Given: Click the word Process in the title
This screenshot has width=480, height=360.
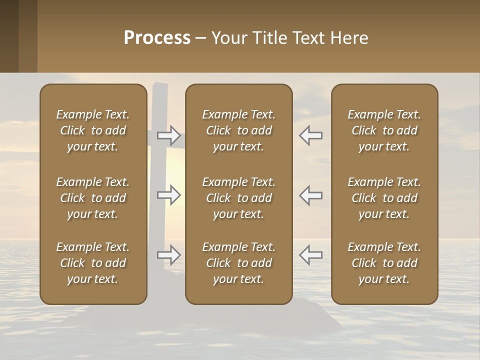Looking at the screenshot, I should point(157,38).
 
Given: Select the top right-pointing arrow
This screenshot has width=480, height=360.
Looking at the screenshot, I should point(169,135).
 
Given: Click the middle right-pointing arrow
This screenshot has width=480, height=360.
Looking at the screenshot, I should point(169,195).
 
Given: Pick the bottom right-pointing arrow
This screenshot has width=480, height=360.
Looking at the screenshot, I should point(169,255).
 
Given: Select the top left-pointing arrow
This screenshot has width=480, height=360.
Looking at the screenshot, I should point(310,135).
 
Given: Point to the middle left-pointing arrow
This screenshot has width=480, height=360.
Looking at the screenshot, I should point(310,195).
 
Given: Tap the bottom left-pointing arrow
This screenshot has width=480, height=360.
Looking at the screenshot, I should point(310,255).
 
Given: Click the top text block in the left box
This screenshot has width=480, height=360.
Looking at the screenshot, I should point(93,130).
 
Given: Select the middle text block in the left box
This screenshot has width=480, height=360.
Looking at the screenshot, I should point(93,198).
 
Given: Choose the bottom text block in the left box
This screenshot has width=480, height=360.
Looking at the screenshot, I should point(93,263).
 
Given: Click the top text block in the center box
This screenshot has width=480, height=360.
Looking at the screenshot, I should point(238,130).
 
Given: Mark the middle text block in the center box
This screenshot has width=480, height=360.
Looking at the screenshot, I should point(238,198).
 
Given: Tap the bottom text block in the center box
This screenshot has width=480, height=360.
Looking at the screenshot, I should point(238,263).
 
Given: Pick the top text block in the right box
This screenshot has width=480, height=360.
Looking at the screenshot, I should point(384,130).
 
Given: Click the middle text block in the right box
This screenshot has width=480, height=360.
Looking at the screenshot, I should point(384,198).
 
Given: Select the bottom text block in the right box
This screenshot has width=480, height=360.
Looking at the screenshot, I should point(384,263).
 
